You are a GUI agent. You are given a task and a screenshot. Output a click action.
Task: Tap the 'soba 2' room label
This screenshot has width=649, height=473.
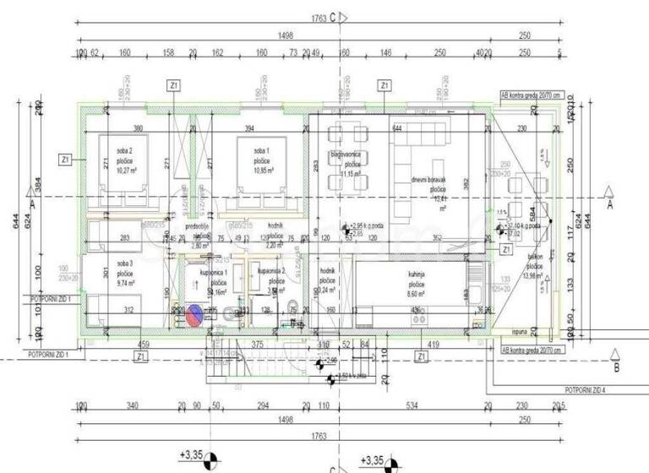(x=125, y=150)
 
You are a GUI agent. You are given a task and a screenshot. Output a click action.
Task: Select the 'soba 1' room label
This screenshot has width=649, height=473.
(x=259, y=150)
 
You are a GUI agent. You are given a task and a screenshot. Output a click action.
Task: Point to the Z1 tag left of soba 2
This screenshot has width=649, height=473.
(x=65, y=159)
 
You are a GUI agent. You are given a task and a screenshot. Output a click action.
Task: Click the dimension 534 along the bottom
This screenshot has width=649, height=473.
(x=412, y=405)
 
